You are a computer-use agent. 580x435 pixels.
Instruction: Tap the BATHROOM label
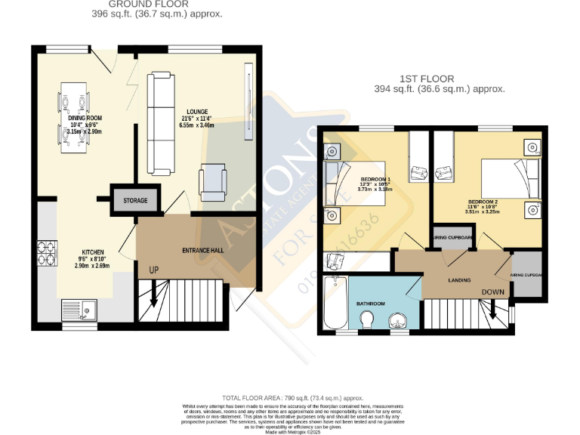coord(371,304)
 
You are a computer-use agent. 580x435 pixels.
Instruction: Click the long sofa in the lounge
coord(159,122)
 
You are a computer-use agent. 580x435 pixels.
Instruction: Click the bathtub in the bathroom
coord(334,303)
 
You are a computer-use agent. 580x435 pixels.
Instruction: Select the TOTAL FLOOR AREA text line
coord(293,397)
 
